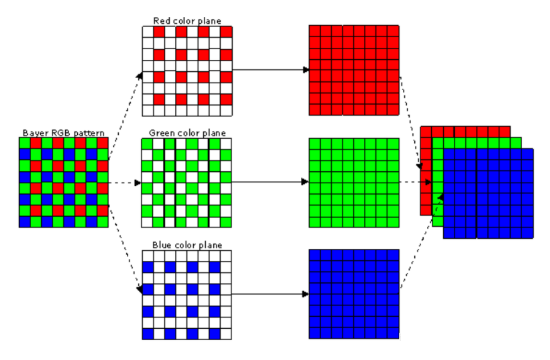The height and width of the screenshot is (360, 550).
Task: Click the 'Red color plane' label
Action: click(188, 19)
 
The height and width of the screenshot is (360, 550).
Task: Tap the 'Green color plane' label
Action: click(188, 131)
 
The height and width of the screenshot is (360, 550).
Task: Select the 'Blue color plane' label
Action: click(186, 243)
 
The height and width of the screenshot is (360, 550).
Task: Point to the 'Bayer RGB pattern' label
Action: click(62, 131)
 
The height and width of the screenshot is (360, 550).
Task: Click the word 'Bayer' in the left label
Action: click(34, 131)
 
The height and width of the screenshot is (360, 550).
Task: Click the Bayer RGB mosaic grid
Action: click(63, 182)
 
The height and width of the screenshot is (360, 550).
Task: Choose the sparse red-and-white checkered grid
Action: click(187, 70)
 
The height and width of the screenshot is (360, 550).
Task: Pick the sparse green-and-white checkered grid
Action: click(187, 183)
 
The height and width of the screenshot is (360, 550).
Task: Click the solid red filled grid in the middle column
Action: click(355, 70)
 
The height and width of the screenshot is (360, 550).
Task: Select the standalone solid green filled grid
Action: click(355, 183)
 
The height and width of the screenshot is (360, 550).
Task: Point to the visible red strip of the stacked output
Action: click(426, 170)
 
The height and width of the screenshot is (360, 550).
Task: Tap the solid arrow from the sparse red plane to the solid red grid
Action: click(270, 70)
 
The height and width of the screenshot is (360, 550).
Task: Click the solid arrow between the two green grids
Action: click(270, 183)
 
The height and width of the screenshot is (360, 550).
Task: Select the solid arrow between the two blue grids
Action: click(270, 295)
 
